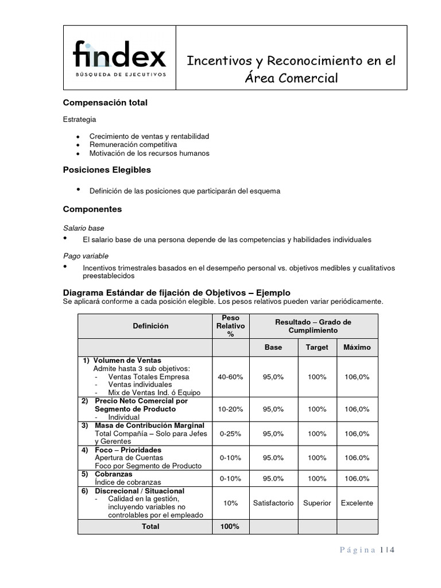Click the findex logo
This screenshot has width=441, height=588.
(x=119, y=57)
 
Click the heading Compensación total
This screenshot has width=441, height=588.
(x=105, y=103)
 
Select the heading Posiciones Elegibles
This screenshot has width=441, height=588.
(x=106, y=170)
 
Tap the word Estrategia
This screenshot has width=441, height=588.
(x=80, y=119)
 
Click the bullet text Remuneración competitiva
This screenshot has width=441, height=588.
(x=133, y=145)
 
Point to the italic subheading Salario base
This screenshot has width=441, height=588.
(x=83, y=228)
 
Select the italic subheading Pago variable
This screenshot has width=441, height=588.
(x=86, y=256)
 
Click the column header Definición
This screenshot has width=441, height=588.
(x=150, y=326)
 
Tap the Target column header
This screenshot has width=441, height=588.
(x=317, y=347)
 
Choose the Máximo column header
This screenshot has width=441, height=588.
(x=357, y=347)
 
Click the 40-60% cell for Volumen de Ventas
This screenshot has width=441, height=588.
(x=230, y=377)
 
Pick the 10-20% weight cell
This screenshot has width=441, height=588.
(x=230, y=409)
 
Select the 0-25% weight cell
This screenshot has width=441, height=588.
(x=230, y=434)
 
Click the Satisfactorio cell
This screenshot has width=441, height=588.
(x=273, y=503)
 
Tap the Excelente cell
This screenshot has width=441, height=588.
(x=357, y=503)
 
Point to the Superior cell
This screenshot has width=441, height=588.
(x=317, y=503)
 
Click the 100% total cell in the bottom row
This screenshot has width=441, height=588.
(x=230, y=527)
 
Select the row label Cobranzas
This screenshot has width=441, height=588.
(x=114, y=474)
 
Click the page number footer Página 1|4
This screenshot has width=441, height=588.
(x=367, y=550)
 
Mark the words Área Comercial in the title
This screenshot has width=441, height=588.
(x=291, y=78)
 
